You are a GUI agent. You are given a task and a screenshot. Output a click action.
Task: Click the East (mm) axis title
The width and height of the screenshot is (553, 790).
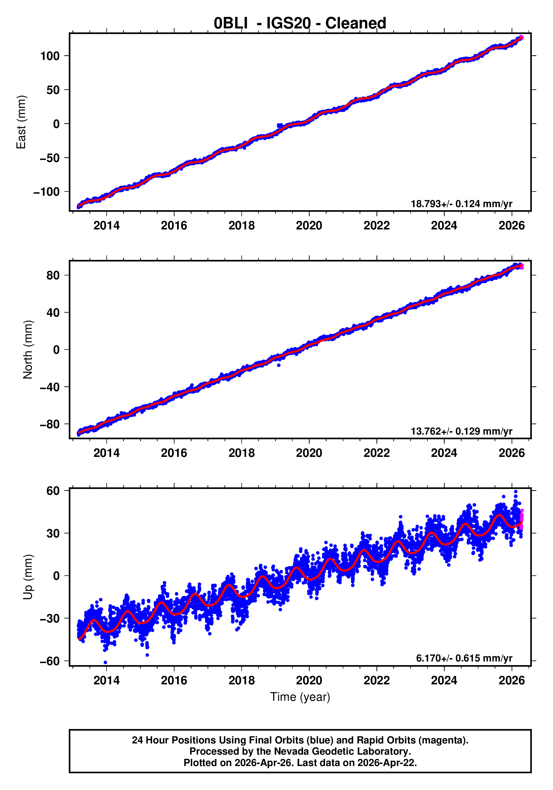point(21,122)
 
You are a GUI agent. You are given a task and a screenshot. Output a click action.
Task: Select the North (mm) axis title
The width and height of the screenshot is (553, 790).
point(28,350)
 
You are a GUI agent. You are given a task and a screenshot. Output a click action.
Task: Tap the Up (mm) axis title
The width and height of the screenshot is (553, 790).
point(28,577)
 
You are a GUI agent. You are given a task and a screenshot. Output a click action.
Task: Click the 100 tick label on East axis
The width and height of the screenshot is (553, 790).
point(50,56)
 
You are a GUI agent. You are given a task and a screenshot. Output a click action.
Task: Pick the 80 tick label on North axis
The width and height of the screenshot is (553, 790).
point(53,275)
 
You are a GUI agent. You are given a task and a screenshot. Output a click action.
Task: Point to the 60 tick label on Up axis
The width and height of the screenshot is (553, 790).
point(53,491)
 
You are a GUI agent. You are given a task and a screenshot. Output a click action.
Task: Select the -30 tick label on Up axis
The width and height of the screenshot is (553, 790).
point(50,619)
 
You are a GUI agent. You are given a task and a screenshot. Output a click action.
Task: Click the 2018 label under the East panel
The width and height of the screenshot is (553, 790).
point(242,226)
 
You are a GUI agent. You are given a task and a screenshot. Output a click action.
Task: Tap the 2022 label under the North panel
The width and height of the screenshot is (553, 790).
point(377,453)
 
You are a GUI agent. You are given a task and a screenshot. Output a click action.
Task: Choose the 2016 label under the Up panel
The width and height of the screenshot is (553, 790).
point(174,680)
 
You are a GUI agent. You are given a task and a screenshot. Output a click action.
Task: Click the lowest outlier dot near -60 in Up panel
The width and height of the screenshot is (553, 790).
point(105,662)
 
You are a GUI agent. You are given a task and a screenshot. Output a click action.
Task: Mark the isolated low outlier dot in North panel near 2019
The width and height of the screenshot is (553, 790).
point(279,365)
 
